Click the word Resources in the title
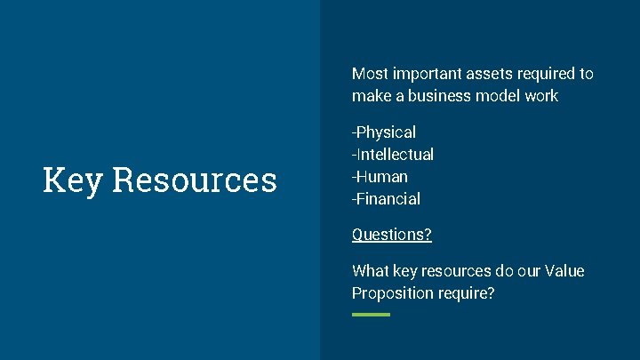195,180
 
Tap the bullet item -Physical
384,132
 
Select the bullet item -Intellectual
393,155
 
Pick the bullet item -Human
380,177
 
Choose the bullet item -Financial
386,199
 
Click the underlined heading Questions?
392,235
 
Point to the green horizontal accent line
371,315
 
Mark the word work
541,96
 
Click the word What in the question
370,271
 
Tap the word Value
565,271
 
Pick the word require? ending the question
467,293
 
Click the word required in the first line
546,74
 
